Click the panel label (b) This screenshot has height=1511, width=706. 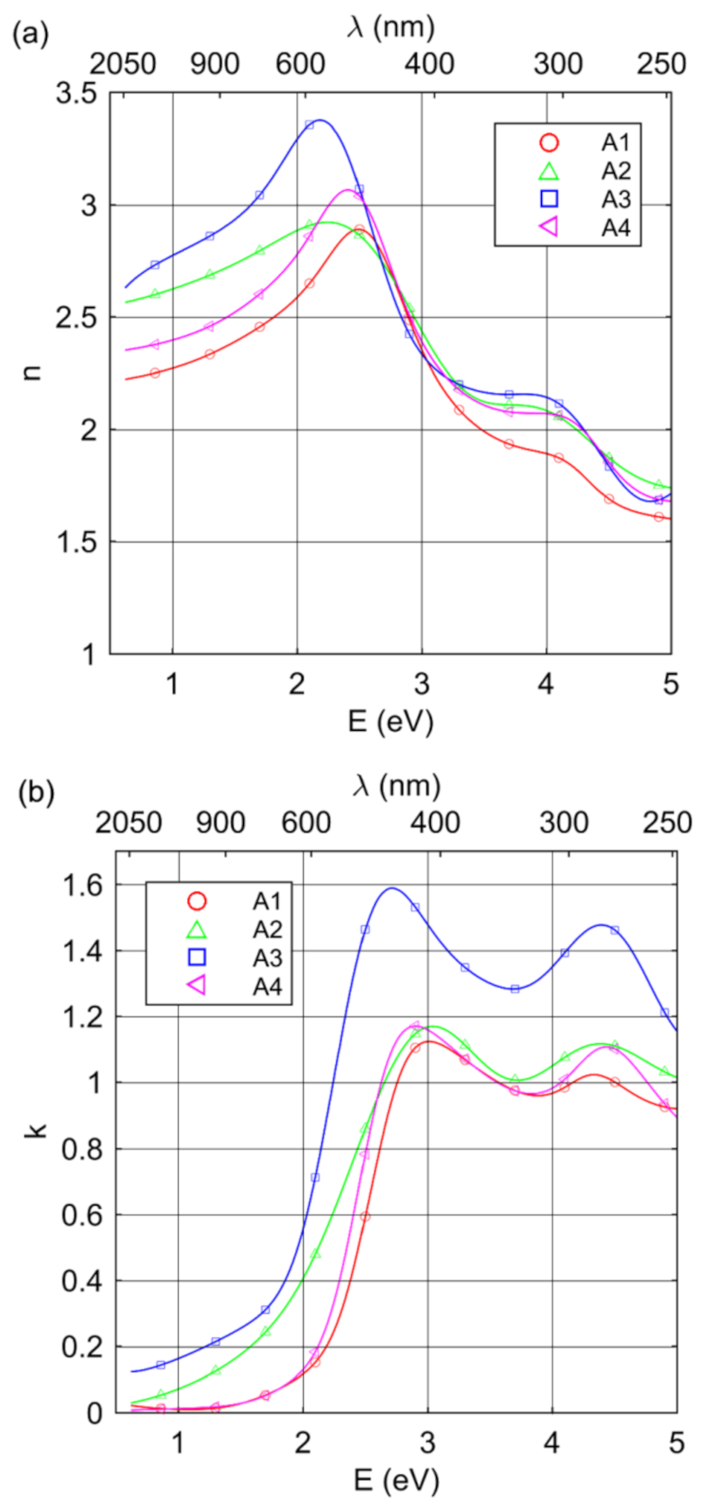pos(36,793)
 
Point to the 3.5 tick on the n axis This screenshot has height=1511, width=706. pos(76,94)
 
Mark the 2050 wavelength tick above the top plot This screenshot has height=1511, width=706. pos(123,63)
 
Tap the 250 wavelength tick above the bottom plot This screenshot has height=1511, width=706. pos(667,822)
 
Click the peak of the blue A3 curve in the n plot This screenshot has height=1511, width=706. pos(320,120)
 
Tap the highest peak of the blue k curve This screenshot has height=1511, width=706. pos(392,888)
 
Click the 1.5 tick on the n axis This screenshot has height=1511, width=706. pos(76,542)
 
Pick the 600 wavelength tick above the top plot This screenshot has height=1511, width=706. pos(300,63)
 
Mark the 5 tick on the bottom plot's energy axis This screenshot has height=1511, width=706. pos(676,1443)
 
